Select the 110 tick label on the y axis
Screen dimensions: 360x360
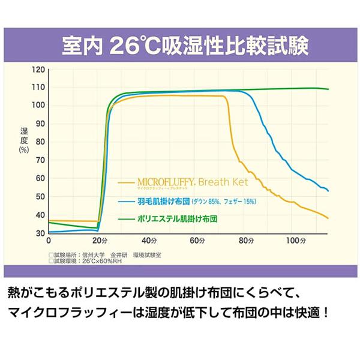point(38,88)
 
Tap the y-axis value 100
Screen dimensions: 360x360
point(38,106)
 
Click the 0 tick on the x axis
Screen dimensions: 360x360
point(49,241)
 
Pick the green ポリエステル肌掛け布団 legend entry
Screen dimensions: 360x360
point(176,219)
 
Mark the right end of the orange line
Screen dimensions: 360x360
point(328,218)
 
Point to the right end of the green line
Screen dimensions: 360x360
point(328,89)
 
